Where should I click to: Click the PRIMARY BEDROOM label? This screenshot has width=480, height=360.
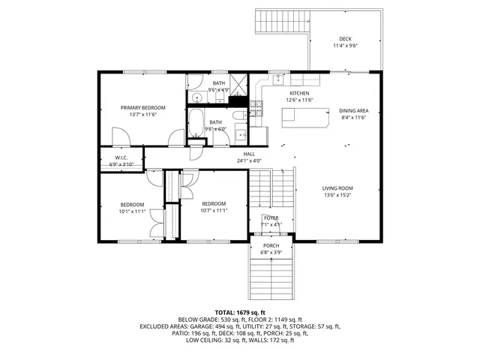142,107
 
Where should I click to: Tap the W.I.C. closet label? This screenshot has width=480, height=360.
121,157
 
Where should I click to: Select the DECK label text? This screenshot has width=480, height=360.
345,39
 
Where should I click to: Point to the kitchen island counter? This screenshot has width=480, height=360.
305,117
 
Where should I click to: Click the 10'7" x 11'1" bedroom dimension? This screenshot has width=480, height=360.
214,211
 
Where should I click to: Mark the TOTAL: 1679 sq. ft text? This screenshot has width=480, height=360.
240,312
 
